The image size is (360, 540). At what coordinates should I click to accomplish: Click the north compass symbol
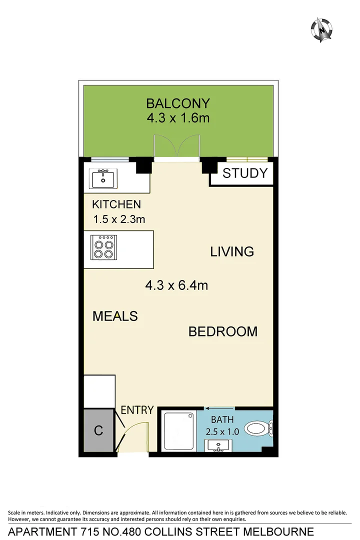[x=322, y=29]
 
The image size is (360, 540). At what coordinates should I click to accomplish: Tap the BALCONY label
[x=177, y=103]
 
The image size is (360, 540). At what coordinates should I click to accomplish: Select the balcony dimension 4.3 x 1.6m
[x=177, y=118]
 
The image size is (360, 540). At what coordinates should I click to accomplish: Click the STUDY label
[x=245, y=173]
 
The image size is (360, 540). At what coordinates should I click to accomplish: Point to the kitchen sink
[x=103, y=177]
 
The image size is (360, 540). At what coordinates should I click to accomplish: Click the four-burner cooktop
[x=103, y=247]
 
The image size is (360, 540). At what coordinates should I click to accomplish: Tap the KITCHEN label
[x=116, y=204]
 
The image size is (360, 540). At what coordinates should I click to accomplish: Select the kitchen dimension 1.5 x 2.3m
[x=119, y=219]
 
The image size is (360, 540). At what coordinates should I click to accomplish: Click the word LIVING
[x=232, y=251]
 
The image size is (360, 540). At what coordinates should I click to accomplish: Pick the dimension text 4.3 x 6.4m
[x=176, y=285]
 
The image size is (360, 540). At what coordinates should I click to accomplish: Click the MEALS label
[x=115, y=316]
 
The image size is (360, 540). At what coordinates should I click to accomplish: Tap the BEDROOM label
[x=223, y=331]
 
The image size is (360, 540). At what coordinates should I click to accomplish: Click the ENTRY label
[x=137, y=410]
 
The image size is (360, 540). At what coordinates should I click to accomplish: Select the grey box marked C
[x=98, y=430]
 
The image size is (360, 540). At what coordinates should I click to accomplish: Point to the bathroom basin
[x=219, y=445]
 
